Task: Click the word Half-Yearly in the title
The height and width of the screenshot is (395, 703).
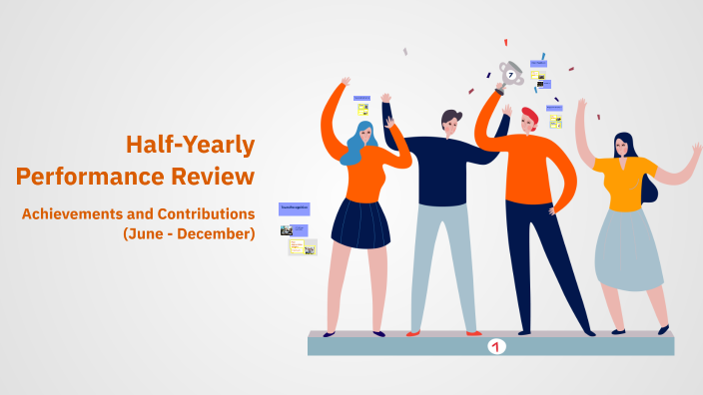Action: [190, 146]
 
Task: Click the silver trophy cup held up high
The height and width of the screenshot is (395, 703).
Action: [511, 73]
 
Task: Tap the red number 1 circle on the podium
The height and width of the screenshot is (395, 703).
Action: [496, 346]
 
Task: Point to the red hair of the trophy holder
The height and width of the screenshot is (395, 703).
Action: [529, 117]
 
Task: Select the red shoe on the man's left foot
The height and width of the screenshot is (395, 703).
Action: [413, 333]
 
